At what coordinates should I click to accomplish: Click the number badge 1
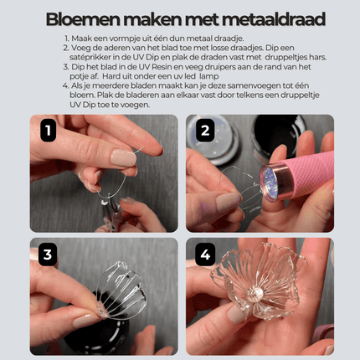coord(49,131)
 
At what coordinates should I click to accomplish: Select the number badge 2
coord(204,131)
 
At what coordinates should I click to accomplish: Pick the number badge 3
coord(49,255)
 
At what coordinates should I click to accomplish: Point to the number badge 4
coord(204,255)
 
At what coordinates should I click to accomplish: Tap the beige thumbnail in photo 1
coord(123,157)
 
